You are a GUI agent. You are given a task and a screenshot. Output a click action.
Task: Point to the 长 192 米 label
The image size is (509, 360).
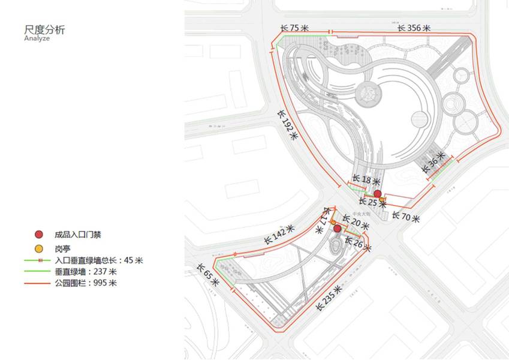pyautogui.click(x=288, y=124)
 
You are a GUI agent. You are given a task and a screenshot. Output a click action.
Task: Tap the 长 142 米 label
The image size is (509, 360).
pyautogui.click(x=279, y=235)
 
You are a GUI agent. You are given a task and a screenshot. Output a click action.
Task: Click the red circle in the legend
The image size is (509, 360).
pyautogui.click(x=39, y=235)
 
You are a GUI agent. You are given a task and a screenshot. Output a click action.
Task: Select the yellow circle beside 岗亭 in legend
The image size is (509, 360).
pyautogui.click(x=39, y=248)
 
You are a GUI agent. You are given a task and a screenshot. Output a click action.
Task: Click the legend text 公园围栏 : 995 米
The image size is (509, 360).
pyautogui.click(x=86, y=283)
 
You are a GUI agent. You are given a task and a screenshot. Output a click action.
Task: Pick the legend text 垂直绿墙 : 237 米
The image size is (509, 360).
pyautogui.click(x=86, y=272)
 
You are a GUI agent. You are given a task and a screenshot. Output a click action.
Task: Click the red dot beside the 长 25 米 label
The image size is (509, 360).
pyautogui.click(x=378, y=193)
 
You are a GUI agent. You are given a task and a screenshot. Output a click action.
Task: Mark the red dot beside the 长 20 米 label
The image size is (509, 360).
pyautogui.click(x=338, y=229)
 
